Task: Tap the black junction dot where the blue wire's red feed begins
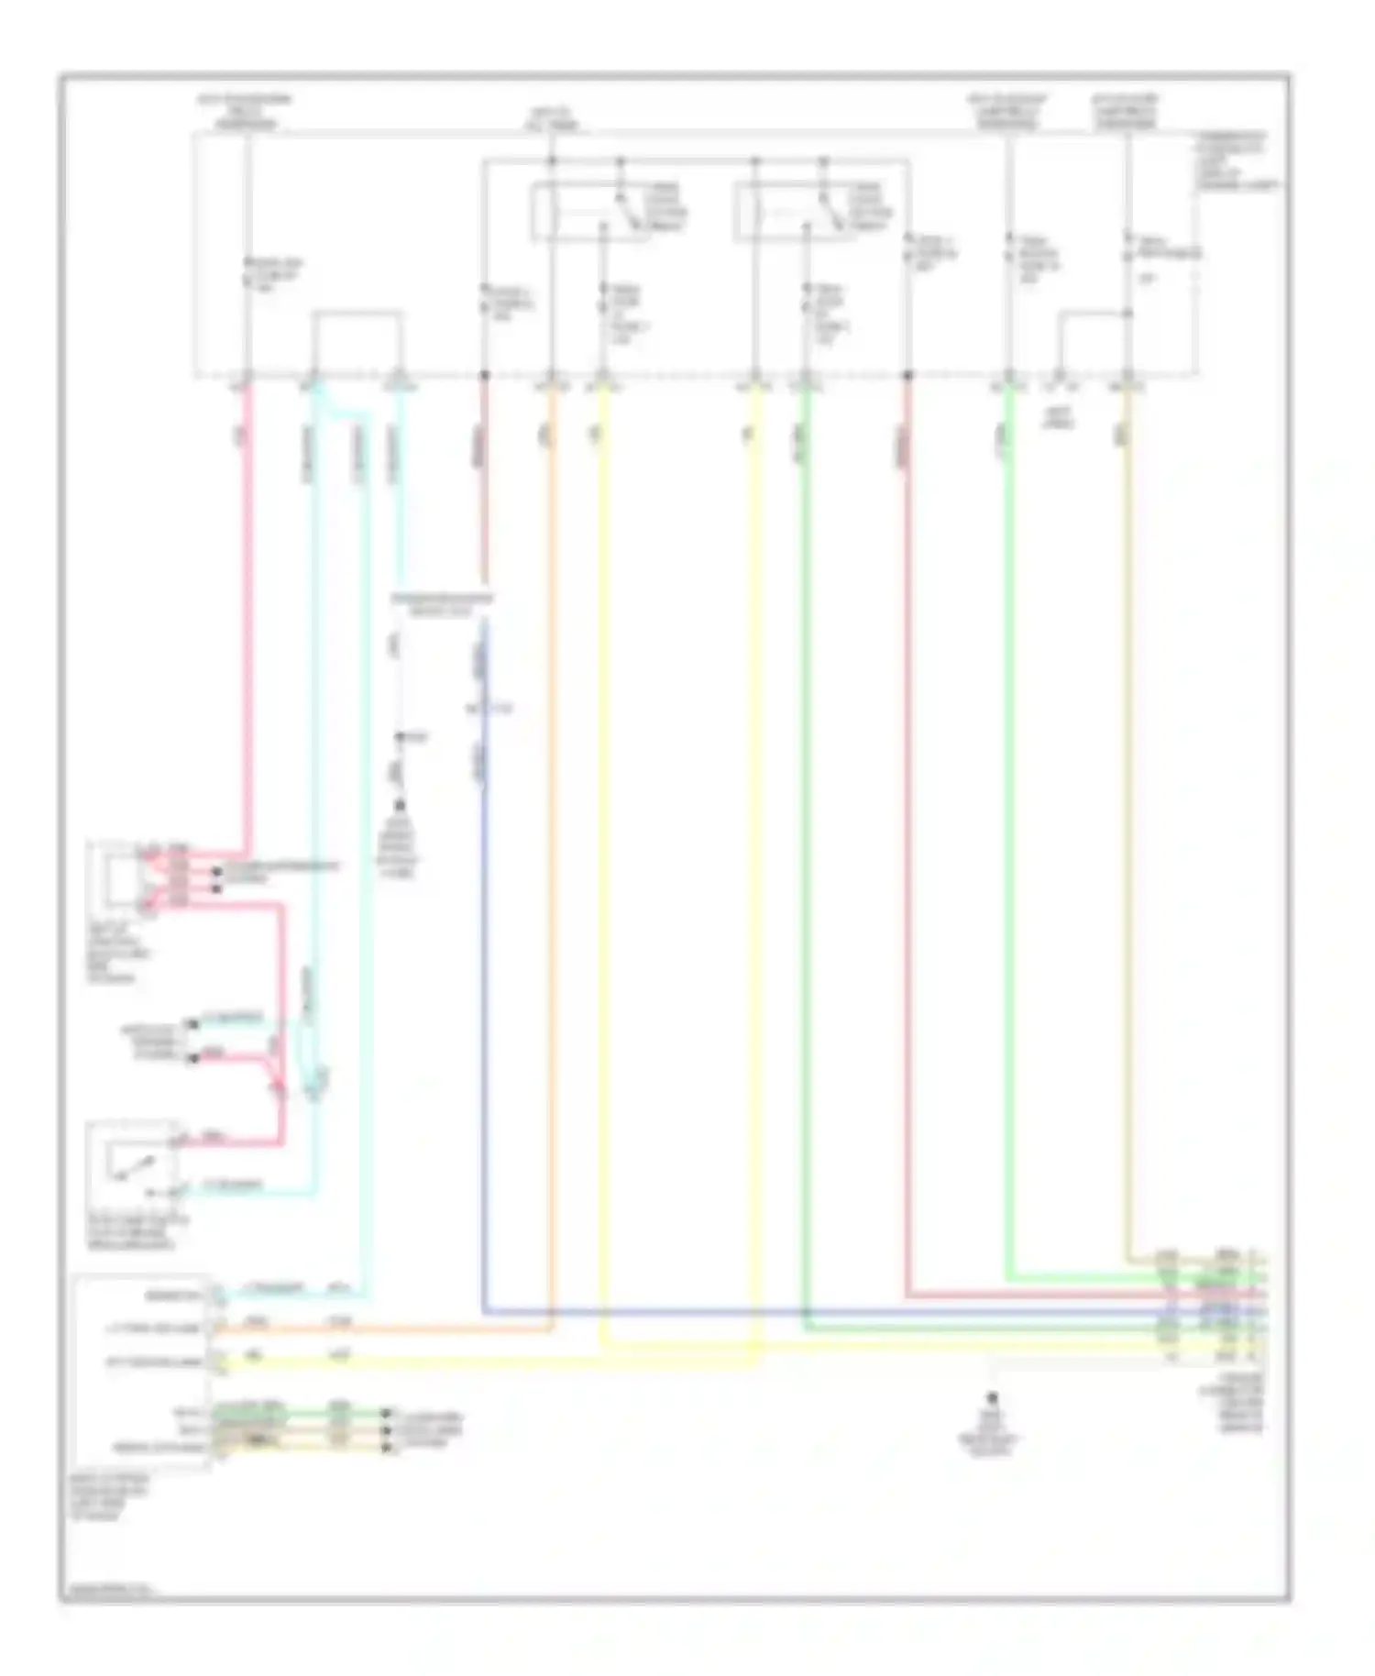click(x=485, y=375)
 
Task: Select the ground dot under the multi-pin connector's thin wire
click(x=991, y=1400)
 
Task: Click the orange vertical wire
click(x=552, y=825)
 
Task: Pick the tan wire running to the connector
click(x=1127, y=825)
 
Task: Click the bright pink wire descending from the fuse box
click(x=247, y=596)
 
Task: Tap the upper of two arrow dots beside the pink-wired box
click(x=216, y=871)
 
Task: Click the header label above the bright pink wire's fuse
click(x=246, y=110)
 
